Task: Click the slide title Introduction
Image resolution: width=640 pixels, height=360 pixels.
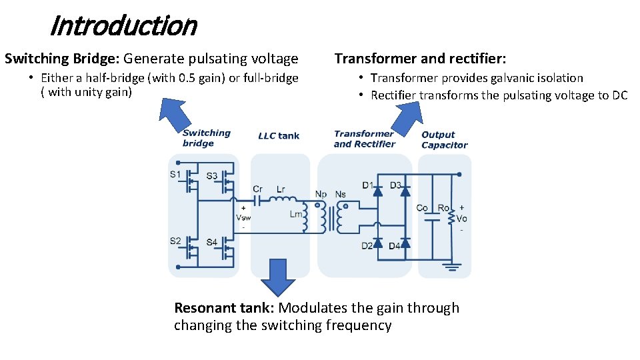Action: tap(123, 26)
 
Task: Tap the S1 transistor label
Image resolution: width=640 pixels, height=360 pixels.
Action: tap(175, 175)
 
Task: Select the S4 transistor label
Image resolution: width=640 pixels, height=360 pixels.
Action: tap(211, 242)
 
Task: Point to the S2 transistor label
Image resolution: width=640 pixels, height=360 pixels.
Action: tap(175, 241)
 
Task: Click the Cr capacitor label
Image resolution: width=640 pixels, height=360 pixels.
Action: tap(258, 189)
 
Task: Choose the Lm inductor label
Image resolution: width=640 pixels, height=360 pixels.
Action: tap(295, 215)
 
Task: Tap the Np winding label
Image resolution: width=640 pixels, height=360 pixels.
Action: tap(321, 194)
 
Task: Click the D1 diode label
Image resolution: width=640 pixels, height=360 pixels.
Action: tap(368, 185)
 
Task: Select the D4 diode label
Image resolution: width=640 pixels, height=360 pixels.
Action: tap(395, 247)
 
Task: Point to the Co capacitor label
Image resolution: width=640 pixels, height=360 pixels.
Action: tap(422, 208)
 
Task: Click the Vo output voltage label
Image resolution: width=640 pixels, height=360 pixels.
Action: tap(461, 219)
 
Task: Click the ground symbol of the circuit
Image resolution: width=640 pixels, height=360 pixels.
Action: tap(454, 267)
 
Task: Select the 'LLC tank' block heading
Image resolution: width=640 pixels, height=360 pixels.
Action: tap(279, 136)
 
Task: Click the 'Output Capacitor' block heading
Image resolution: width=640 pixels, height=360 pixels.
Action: tap(444, 140)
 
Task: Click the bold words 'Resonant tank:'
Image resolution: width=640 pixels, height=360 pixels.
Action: tap(225, 308)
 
